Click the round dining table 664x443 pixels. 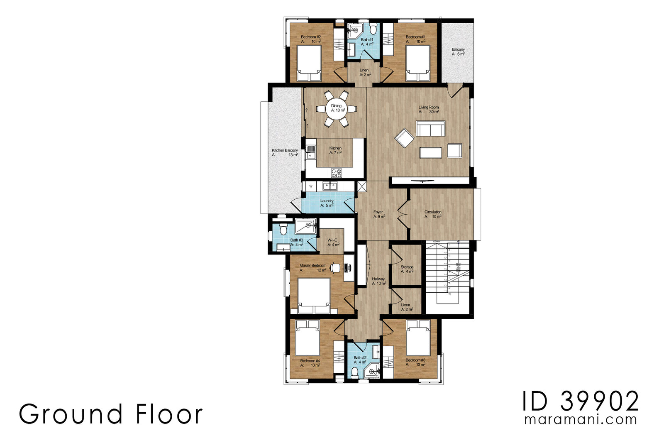(336, 108)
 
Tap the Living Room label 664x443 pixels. (428, 107)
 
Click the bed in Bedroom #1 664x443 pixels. (418, 62)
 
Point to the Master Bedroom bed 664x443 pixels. (314, 295)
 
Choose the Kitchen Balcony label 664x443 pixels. (285, 150)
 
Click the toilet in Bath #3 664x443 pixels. (283, 229)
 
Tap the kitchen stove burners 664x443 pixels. (336, 173)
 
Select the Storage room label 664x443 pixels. (407, 267)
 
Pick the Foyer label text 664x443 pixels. (378, 212)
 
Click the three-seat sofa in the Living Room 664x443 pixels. (430, 129)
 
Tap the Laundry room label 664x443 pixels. (327, 201)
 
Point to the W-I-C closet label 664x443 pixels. (332, 240)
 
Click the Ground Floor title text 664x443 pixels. (111, 414)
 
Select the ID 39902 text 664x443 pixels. (580, 401)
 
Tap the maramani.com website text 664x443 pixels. (581, 419)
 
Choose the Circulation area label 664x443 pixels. (433, 212)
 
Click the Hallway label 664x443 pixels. (378, 279)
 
